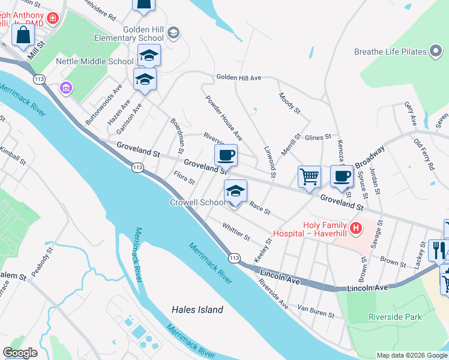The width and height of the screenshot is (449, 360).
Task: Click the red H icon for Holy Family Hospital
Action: tap(356, 228)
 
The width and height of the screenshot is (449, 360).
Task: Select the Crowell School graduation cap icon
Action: tap(235, 192)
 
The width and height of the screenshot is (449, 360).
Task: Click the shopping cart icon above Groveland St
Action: tap(309, 176)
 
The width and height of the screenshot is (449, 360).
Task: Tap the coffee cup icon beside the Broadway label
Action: tap(341, 176)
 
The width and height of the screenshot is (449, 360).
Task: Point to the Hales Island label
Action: tap(197, 310)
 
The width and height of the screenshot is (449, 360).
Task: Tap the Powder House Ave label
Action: tap(223, 118)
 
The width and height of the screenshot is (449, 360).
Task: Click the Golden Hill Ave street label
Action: tap(239, 77)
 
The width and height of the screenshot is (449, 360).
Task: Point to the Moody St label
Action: tap(289, 103)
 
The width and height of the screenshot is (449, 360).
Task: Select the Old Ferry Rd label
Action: tap(424, 154)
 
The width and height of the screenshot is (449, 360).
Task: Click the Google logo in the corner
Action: tap(20, 353)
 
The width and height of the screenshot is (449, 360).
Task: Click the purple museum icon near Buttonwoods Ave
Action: tap(65, 89)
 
